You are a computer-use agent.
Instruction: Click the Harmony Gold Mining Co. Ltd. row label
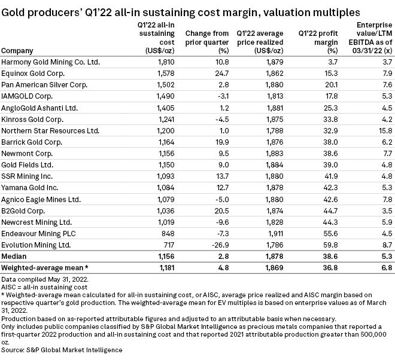pos(50,62)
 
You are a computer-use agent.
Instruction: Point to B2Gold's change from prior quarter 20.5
pos(214,210)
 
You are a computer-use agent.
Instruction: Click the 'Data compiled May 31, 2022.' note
pos(41,279)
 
